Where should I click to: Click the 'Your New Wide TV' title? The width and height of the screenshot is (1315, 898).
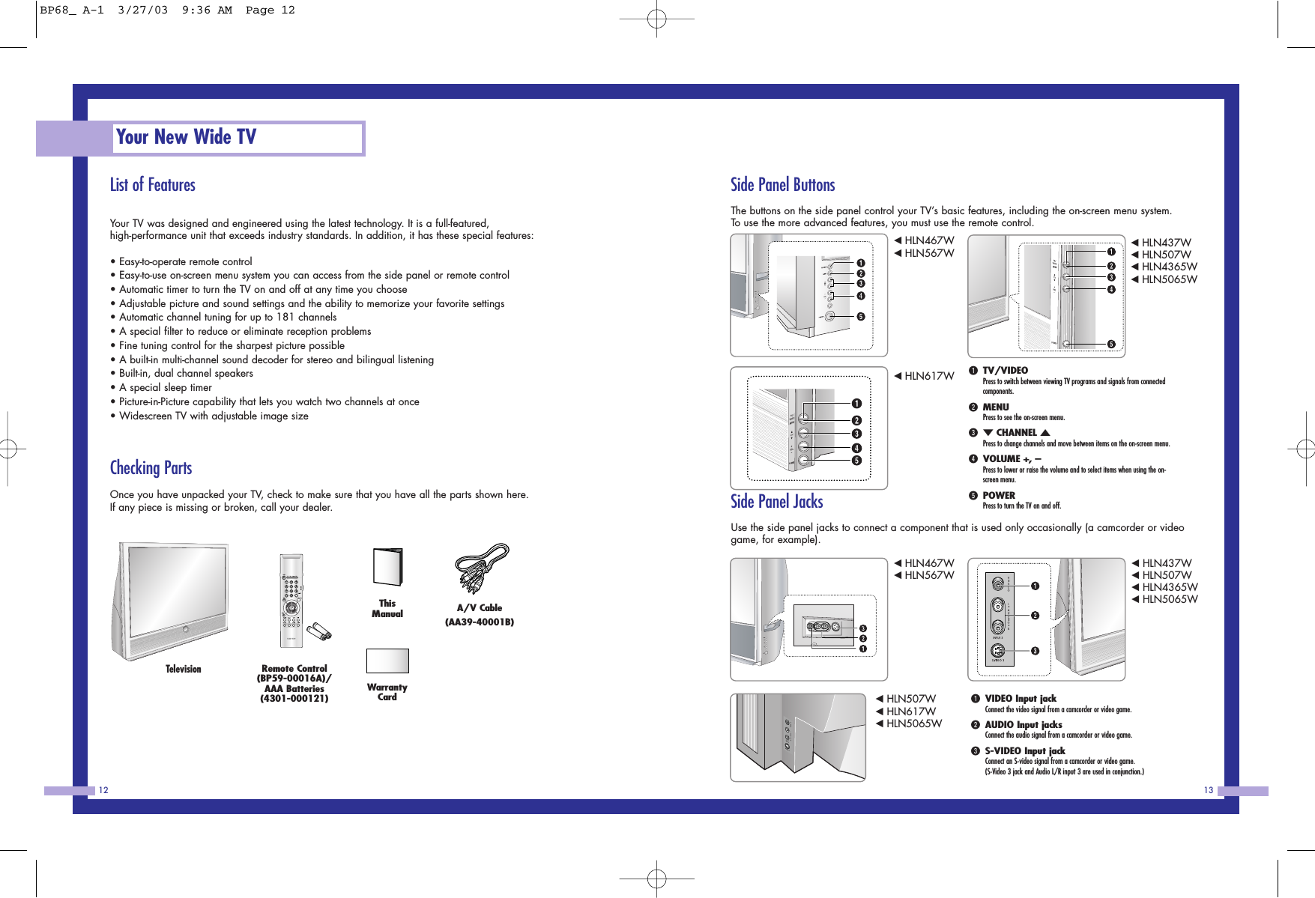[186, 137]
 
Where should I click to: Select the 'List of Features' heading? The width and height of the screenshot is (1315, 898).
[152, 185]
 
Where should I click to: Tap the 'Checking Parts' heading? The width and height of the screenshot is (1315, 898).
[151, 468]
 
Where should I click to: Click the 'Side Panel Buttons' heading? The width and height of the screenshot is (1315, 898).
[782, 185]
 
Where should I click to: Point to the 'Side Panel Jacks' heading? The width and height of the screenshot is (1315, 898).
[776, 502]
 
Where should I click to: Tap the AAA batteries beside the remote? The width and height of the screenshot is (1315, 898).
[321, 631]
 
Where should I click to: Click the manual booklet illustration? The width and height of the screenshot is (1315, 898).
[387, 567]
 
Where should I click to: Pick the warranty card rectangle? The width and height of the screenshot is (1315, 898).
[387, 661]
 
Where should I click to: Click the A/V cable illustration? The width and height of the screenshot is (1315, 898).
[482, 569]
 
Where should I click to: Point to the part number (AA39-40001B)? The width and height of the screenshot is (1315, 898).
[480, 622]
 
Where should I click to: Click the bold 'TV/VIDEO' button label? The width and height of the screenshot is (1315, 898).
[1005, 371]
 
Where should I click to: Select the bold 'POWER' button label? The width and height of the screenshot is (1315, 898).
[999, 496]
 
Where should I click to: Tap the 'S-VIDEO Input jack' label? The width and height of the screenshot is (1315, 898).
[1024, 751]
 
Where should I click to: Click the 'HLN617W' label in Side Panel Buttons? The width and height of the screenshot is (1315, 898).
[928, 376]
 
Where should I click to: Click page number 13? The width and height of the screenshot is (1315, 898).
[1208, 790]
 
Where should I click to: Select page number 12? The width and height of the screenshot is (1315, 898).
[103, 790]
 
